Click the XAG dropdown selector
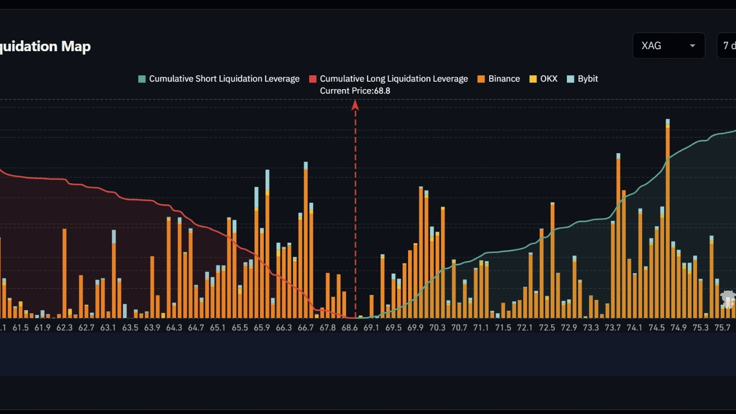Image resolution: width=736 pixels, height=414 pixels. [x=668, y=46]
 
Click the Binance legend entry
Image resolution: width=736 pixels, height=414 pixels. [x=499, y=79]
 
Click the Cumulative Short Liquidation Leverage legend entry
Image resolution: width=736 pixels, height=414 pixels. [x=219, y=79]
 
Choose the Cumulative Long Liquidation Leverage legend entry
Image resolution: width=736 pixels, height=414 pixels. [x=388, y=79]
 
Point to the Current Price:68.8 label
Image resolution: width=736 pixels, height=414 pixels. [x=355, y=91]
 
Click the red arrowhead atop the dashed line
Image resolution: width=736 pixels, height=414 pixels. [x=355, y=105]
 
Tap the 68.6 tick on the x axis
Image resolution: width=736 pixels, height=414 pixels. [x=350, y=328]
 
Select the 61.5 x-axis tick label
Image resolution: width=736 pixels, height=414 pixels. [x=21, y=328]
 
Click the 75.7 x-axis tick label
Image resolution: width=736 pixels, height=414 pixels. [x=722, y=328]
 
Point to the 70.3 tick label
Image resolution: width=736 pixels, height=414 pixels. [x=437, y=328]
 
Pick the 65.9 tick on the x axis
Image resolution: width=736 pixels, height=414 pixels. [x=262, y=328]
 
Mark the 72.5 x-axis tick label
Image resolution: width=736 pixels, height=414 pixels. [x=547, y=328]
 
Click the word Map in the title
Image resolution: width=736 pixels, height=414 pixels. [x=76, y=46]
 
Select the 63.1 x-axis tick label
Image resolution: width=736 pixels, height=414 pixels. [x=108, y=328]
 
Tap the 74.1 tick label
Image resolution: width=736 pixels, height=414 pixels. [x=634, y=328]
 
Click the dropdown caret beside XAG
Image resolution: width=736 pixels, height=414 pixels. [x=692, y=46]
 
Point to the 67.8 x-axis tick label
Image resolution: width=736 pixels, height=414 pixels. [x=327, y=328]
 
